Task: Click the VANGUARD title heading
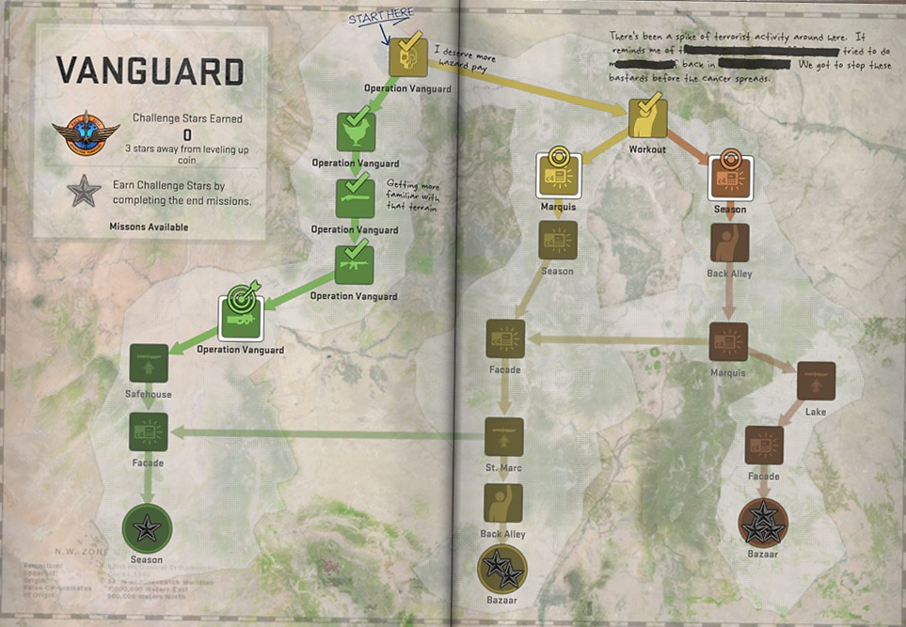150,71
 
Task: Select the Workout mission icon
647,118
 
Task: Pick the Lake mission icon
815,381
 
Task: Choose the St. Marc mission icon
504,437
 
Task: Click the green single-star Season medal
147,528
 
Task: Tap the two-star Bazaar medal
502,569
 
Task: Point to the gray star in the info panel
84,192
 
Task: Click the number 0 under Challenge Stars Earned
186,134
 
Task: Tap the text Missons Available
149,227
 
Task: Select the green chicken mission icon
356,131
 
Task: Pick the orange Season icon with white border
730,177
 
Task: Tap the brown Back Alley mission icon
729,243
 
